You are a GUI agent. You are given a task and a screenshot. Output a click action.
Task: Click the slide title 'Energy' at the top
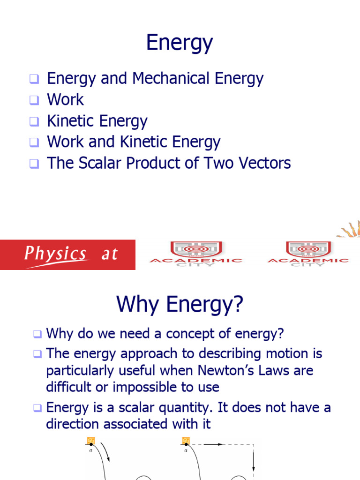(180, 43)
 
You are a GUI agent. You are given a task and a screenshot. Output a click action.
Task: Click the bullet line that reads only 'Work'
(65, 100)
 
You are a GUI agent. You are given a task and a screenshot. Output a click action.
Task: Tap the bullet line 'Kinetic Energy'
(97, 121)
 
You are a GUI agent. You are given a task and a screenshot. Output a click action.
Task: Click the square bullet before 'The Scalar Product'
(34, 164)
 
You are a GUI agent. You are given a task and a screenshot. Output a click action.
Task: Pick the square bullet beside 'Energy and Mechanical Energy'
(34, 79)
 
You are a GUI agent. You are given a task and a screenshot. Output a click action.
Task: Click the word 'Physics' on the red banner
(55, 254)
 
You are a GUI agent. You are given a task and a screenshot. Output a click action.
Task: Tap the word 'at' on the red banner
(110, 255)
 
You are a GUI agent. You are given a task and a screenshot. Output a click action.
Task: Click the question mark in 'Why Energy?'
(238, 305)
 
